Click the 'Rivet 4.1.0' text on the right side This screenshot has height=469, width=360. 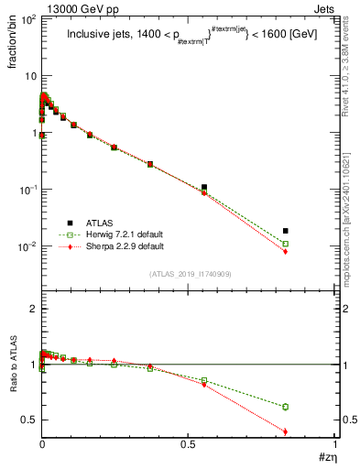click(x=345, y=73)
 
